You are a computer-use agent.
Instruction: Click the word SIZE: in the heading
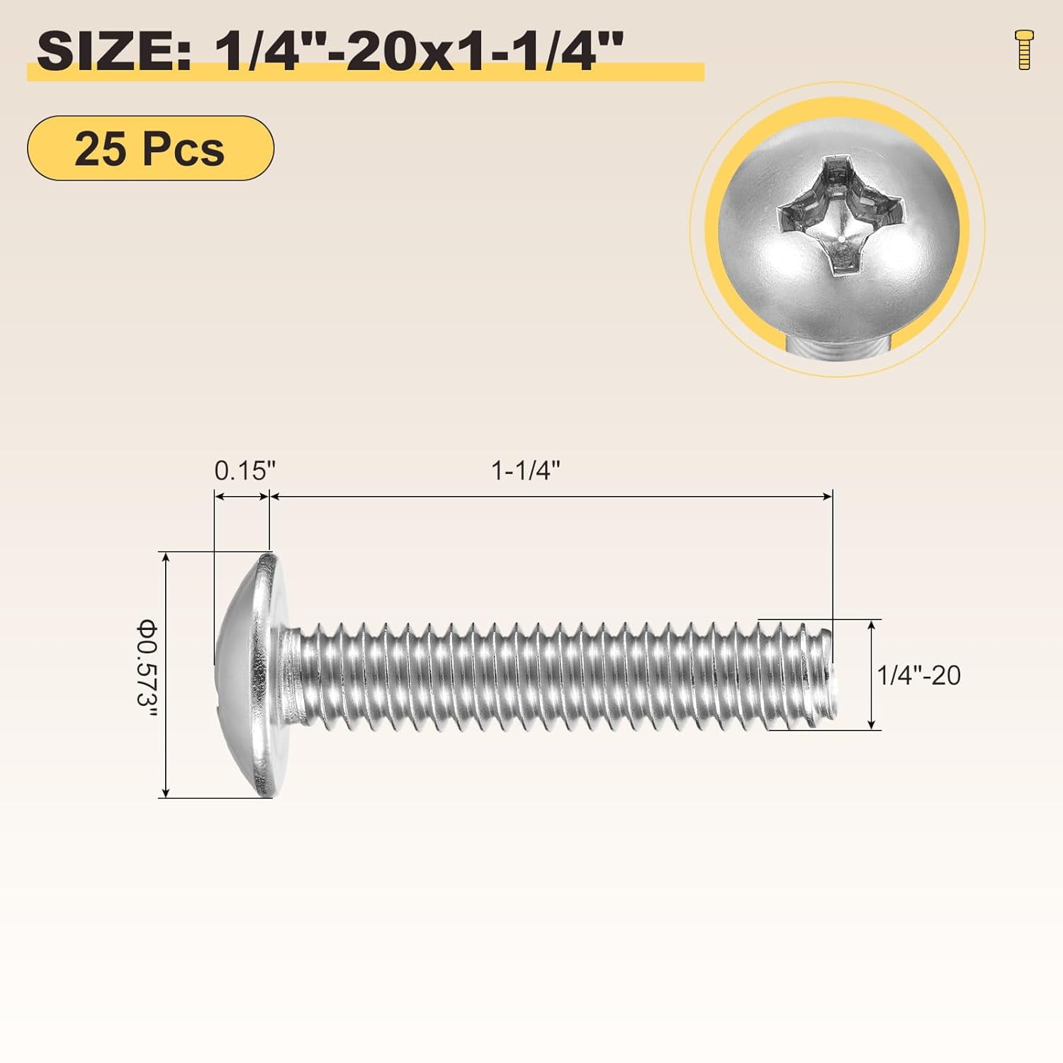(x=113, y=51)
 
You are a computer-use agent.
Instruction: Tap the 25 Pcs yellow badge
(x=150, y=148)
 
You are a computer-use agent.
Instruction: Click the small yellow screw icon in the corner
(x=1024, y=50)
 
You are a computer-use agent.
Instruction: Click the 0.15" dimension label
(x=244, y=471)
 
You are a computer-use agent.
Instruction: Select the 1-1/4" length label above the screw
(x=526, y=471)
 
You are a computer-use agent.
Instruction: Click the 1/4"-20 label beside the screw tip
(x=918, y=675)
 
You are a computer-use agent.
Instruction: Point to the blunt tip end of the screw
(x=833, y=673)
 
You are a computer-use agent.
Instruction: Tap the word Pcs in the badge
(x=184, y=149)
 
